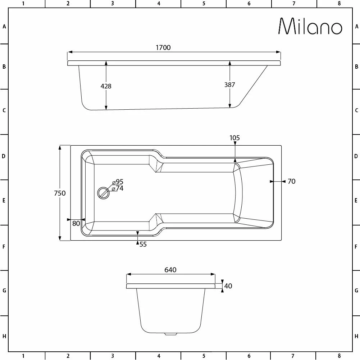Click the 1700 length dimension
tap(164, 47)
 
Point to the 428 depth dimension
tap(106, 86)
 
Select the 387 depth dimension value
tap(229, 85)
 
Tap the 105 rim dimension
tap(234, 138)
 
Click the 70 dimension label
tap(291, 182)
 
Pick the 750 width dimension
tap(60, 193)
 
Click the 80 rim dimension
tap(76, 223)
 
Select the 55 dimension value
tap(143, 245)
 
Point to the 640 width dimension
tap(170, 270)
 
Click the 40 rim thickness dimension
tap(228, 286)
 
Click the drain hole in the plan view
tap(103, 193)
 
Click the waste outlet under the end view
tap(170, 334)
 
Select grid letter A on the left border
tap(4, 27)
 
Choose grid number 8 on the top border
tap(339, 4)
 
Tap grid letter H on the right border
tap(356, 337)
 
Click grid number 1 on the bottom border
tap(23, 356)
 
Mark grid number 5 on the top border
tap(204, 4)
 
